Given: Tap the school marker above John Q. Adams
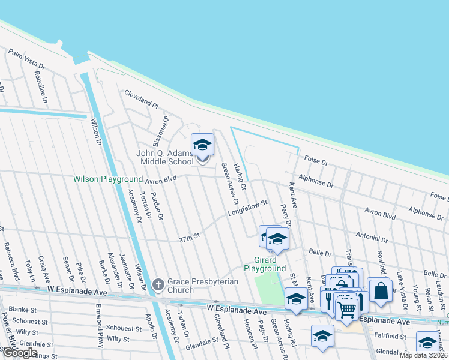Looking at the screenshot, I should [x=202, y=145].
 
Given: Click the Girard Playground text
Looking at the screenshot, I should [x=265, y=264].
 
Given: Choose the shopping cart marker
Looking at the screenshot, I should [x=347, y=310].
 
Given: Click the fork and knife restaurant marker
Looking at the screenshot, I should [x=329, y=298].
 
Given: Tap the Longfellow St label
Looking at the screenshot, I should [x=247, y=209].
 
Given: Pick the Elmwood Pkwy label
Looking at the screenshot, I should [x=98, y=322].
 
